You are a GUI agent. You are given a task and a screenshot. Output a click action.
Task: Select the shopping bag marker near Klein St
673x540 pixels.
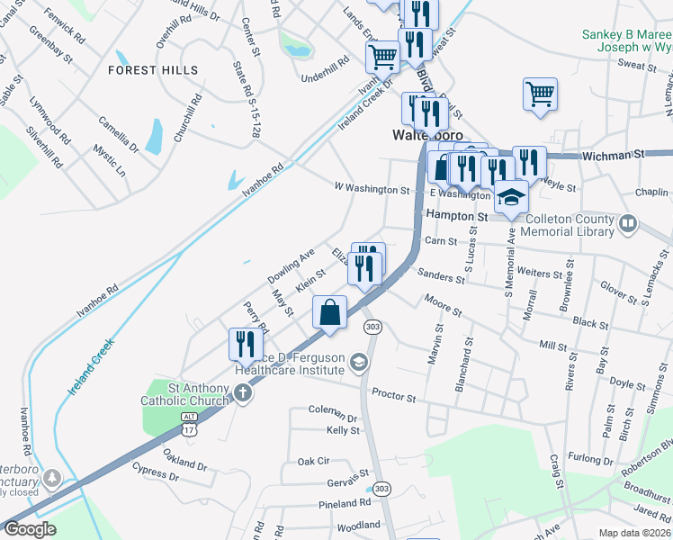tap(330, 313)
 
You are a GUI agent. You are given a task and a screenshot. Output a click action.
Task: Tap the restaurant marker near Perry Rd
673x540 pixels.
tap(245, 343)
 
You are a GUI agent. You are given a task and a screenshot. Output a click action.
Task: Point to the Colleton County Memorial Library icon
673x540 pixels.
tap(628, 221)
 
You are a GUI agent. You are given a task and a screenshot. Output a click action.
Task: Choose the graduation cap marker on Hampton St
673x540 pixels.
tap(511, 195)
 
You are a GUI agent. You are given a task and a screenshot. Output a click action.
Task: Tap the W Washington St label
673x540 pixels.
tap(372, 190)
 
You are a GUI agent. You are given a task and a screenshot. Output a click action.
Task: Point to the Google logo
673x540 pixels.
tap(30, 529)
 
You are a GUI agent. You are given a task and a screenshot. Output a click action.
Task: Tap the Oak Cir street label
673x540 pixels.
tap(313, 461)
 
